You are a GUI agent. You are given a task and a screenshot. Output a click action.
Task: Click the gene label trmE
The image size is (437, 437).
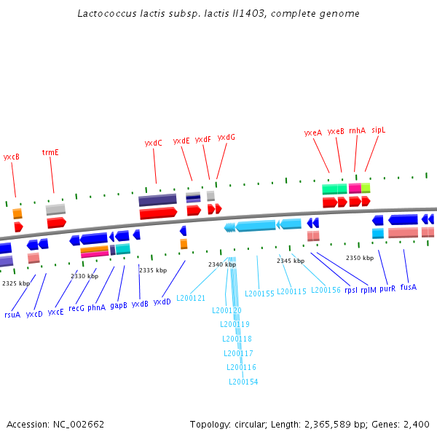[x=50, y=152]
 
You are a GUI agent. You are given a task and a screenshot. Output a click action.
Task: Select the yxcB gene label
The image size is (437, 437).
[x=11, y=157]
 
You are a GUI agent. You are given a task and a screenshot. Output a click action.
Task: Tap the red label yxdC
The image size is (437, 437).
[x=154, y=143]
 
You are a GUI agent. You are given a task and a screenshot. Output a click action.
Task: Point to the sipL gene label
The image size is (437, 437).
[x=378, y=130]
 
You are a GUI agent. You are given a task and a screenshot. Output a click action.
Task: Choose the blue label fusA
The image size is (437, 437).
[x=409, y=287]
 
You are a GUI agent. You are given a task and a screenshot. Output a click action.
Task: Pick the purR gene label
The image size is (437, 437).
[x=387, y=288]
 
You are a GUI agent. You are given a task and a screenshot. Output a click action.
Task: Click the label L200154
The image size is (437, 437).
[x=243, y=381]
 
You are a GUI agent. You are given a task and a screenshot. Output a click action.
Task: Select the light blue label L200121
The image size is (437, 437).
[x=191, y=298]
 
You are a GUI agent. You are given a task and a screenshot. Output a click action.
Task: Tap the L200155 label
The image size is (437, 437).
[x=259, y=294]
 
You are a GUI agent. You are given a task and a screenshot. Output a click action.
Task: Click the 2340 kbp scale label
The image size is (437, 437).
[x=222, y=264]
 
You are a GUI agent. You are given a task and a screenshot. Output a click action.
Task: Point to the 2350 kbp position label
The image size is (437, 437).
[x=359, y=258]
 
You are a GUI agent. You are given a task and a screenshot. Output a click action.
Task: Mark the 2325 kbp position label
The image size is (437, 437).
[x=16, y=283]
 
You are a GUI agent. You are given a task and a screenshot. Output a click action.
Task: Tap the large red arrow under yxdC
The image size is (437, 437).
[x=158, y=213]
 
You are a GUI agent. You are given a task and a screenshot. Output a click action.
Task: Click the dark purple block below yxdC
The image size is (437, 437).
[x=157, y=200]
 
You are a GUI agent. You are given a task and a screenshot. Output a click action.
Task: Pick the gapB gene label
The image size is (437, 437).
[x=119, y=306]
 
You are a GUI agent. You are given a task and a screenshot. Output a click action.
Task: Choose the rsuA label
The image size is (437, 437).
[x=12, y=315]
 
